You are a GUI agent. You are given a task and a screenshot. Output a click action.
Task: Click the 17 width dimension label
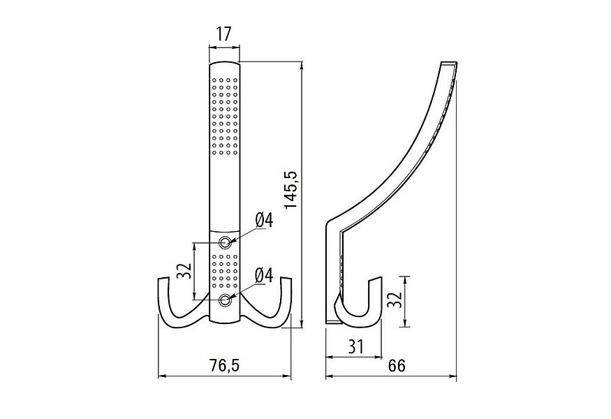tap(225, 33)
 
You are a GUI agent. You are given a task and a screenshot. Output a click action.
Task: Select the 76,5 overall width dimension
tap(225, 365)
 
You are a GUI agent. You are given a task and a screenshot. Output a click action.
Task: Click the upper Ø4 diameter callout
tap(264, 220)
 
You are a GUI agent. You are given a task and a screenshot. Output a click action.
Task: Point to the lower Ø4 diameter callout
tap(264, 276)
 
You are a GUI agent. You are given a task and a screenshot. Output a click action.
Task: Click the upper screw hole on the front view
tap(225, 242)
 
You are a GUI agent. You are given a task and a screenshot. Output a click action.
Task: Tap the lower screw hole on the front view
tap(225, 300)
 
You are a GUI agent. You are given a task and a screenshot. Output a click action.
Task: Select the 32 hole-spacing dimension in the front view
tap(184, 271)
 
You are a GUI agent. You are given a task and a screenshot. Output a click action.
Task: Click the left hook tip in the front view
tap(163, 281)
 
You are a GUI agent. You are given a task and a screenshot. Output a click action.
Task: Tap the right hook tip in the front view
tap(286, 281)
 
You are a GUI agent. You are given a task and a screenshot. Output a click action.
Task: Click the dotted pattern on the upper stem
tap(225, 112)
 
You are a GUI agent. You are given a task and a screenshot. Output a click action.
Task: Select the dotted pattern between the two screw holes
tap(225, 271)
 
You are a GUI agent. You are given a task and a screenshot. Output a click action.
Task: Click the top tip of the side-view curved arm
tap(450, 65)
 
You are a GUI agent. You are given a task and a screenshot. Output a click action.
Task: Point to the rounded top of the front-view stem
tap(225, 64)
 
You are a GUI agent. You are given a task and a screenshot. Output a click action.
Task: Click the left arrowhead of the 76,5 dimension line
tap(162, 377)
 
